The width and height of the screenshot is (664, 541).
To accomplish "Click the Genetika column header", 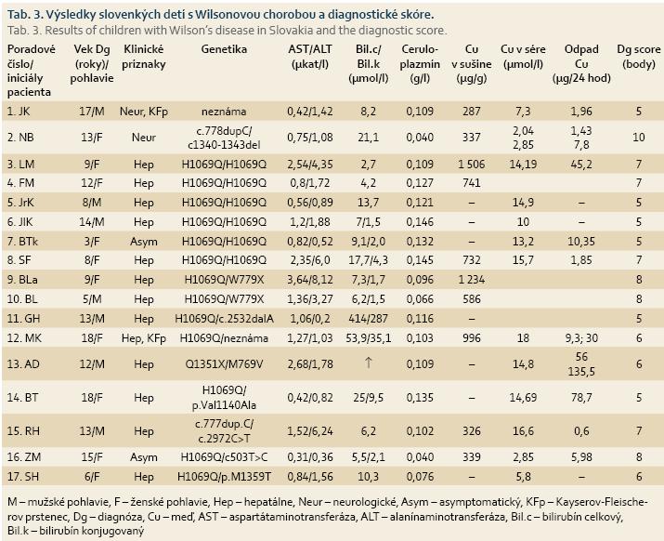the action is (224, 49).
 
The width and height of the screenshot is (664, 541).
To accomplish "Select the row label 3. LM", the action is (20, 165).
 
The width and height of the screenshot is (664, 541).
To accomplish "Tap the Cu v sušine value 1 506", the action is (472, 165).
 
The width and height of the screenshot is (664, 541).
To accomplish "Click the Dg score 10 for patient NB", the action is (638, 138).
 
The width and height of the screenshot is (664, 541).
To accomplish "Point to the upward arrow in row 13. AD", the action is (368, 363).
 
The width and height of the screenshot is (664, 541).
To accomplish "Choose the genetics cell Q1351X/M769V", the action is (224, 364).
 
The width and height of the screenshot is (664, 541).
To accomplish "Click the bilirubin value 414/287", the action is (368, 319).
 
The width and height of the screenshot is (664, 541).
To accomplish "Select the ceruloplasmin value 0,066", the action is (420, 299).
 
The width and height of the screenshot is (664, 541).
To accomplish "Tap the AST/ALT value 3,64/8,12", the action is (310, 280).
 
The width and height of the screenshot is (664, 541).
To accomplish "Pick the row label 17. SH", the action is (23, 477).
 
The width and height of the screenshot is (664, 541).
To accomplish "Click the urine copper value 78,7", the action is (581, 398).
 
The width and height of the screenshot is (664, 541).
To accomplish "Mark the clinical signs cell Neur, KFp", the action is (144, 112).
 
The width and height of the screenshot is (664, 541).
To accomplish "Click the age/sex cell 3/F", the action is (92, 242).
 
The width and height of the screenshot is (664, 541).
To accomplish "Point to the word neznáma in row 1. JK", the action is (224, 112).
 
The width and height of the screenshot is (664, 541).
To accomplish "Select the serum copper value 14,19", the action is (523, 165).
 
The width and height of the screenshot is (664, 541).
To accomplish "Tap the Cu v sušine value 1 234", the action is (472, 280).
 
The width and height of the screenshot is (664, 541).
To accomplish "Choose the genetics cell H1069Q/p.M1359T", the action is (224, 477).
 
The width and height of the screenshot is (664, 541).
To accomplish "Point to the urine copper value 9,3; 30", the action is (581, 338).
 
